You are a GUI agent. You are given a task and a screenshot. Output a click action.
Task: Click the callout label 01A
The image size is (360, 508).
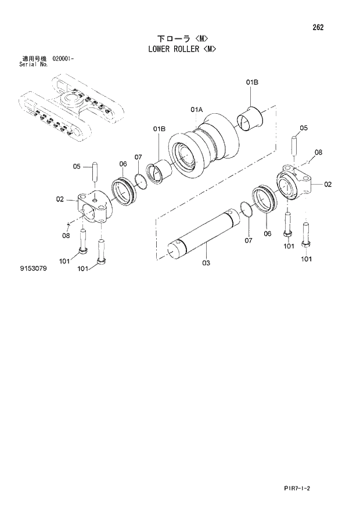196,110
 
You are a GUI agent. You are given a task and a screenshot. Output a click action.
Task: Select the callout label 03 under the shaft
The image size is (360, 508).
206,263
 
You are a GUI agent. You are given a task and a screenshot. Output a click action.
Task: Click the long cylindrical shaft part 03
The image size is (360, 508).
203,234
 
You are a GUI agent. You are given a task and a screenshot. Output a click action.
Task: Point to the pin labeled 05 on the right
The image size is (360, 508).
295,144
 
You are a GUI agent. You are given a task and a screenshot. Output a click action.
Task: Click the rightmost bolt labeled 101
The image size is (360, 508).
306,235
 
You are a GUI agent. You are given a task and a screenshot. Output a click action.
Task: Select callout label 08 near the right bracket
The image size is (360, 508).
318,153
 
